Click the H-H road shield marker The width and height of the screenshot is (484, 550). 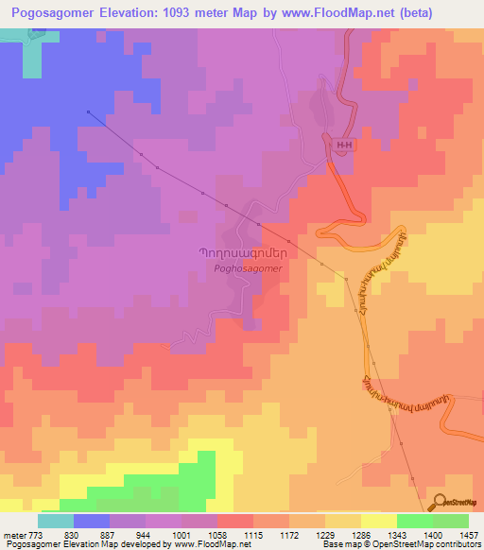[x=342, y=144]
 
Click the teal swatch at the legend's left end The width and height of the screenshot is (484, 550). [x=56, y=521]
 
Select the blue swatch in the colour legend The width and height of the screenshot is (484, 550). [x=92, y=521]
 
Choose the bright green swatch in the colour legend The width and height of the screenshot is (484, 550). [x=415, y=521]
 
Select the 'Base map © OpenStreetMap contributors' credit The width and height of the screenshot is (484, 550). [x=401, y=544]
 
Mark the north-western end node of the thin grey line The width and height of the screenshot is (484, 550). [x=88, y=112]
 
